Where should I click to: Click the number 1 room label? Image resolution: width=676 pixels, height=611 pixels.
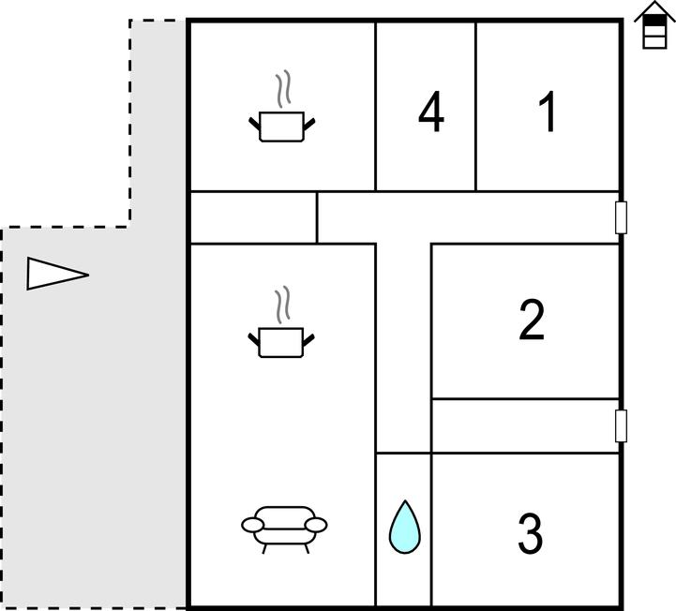tap(548, 112)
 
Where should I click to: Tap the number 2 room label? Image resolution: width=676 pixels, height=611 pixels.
tap(532, 320)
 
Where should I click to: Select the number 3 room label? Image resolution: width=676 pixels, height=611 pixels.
tap(530, 532)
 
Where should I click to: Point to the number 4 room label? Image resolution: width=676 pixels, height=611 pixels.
tap(431, 112)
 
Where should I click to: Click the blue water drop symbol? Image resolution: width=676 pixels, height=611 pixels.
tap(405, 527)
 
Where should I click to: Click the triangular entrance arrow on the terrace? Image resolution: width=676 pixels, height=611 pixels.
tap(57, 274)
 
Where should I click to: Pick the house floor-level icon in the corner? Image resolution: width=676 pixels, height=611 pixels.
tap(654, 25)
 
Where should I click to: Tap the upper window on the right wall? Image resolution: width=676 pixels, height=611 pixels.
tap(621, 217)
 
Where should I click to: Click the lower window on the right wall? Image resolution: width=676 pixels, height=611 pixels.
tap(621, 425)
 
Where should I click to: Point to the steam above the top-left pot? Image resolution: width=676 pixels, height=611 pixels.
tap(283, 89)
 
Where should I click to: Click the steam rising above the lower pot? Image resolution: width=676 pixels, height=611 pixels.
tap(282, 305)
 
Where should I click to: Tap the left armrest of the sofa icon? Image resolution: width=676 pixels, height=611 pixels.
tap(252, 525)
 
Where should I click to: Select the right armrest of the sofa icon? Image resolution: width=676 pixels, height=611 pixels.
tap(316, 525)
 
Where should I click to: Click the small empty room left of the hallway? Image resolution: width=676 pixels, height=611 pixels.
tap(253, 217)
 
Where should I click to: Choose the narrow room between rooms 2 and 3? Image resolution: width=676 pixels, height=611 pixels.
tap(525, 425)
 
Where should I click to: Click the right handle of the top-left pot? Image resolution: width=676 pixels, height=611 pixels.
tap(309, 124)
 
